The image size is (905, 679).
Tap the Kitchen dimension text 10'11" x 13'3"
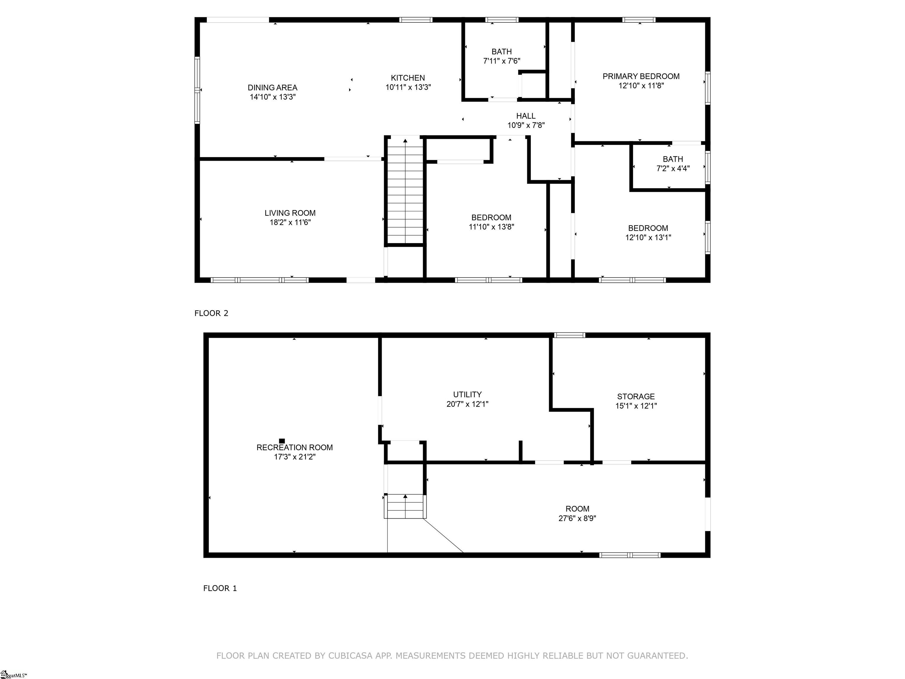pos(408,87)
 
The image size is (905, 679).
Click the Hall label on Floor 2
pos(526,116)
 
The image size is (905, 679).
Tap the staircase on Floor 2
pos(405,191)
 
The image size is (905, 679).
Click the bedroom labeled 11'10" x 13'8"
pos(491,222)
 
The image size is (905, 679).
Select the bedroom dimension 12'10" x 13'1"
pos(648,237)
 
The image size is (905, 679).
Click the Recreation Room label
pos(295,447)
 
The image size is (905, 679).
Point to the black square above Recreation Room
pos(282,441)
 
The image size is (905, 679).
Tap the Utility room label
pos(467,395)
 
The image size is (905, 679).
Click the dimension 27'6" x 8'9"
pos(577,518)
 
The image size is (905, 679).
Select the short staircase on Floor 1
pos(405,506)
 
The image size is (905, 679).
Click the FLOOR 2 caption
pos(211,313)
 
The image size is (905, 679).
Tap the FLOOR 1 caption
pos(220,588)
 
